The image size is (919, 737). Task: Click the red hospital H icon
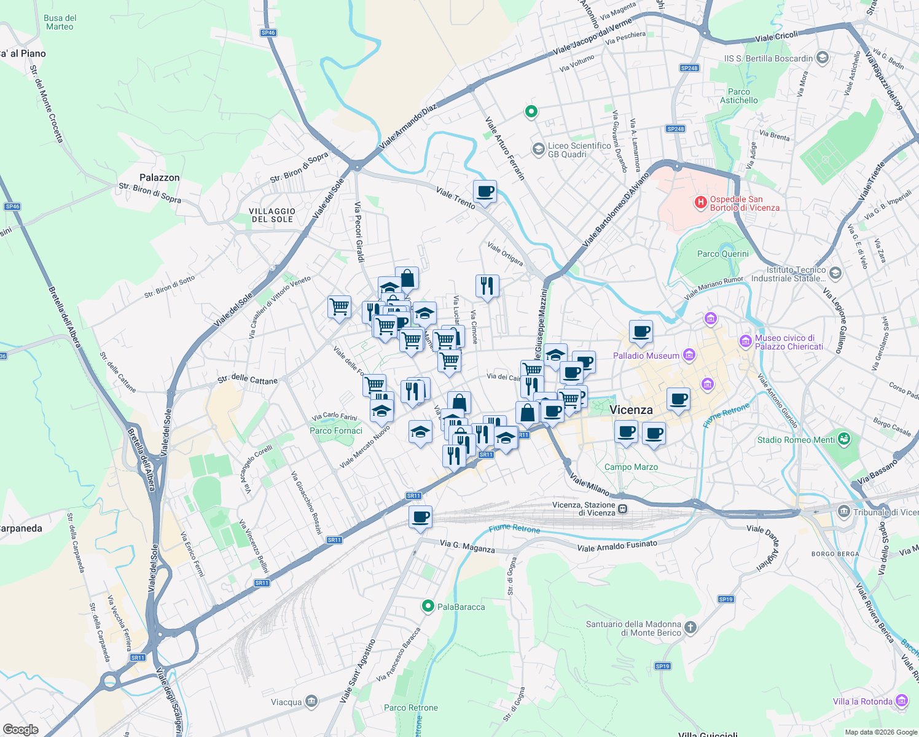click(700, 202)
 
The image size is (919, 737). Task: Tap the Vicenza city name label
click(631, 410)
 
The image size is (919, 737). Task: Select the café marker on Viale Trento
click(485, 192)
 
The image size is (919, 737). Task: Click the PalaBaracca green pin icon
click(428, 606)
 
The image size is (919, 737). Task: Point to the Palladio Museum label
click(646, 356)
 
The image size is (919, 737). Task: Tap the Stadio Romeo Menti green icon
click(845, 439)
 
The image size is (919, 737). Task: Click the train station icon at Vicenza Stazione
click(623, 509)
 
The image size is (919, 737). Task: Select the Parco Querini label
click(723, 254)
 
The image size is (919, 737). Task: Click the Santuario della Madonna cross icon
click(690, 627)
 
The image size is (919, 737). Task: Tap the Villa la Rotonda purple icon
click(902, 701)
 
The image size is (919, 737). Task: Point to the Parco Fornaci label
click(336, 431)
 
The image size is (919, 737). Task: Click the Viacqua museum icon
click(311, 701)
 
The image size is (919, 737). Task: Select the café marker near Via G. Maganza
click(420, 517)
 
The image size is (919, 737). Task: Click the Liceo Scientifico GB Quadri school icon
click(538, 149)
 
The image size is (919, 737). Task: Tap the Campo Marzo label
click(631, 467)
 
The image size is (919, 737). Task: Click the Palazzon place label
click(159, 177)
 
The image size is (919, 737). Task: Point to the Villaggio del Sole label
click(272, 215)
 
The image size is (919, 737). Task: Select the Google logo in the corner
click(20, 729)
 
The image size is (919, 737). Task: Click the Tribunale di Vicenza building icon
click(844, 511)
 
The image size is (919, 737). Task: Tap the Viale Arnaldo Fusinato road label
click(617, 545)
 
